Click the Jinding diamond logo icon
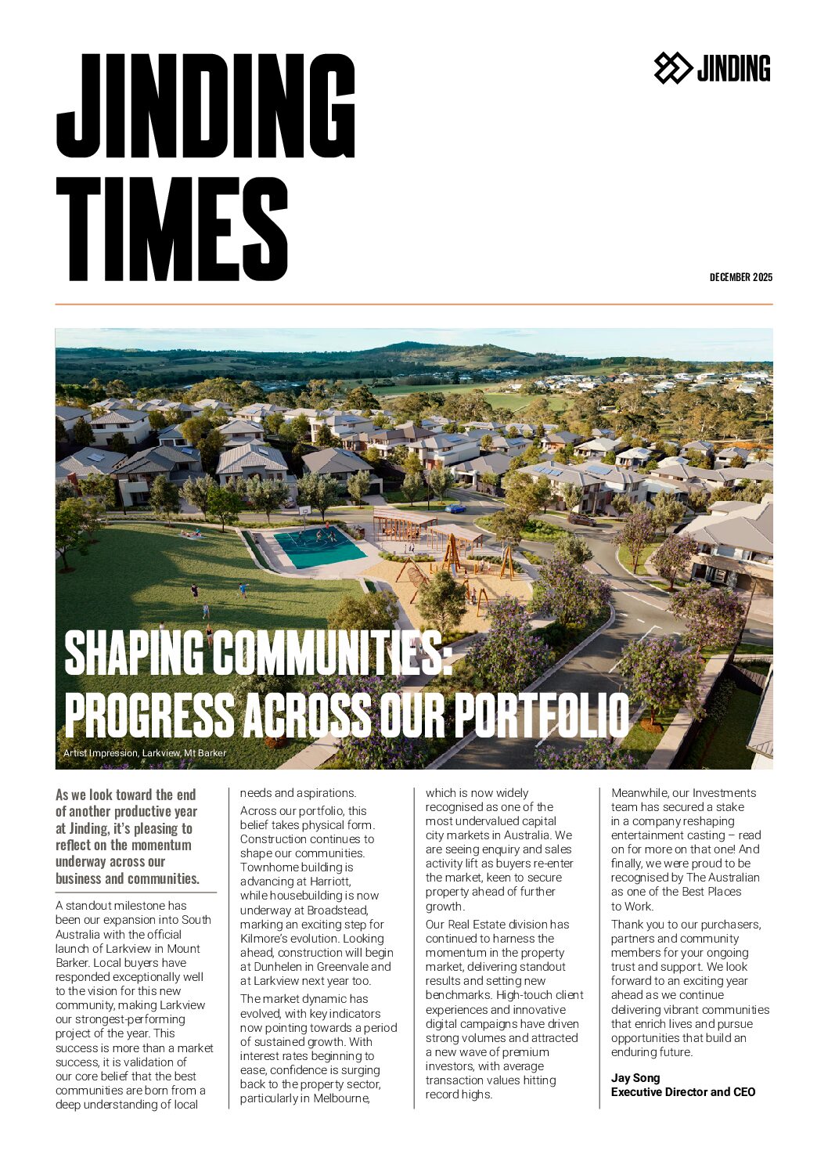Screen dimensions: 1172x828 (x=672, y=68)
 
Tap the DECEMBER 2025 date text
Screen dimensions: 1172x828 (x=740, y=277)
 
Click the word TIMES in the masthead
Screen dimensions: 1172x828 (x=172, y=229)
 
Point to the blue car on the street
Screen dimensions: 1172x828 (x=455, y=508)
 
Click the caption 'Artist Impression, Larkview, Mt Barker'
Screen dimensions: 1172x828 (x=145, y=753)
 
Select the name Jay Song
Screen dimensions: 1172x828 (x=635, y=1078)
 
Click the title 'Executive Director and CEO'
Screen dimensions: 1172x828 (x=682, y=1092)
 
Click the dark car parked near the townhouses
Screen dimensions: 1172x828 (x=581, y=519)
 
